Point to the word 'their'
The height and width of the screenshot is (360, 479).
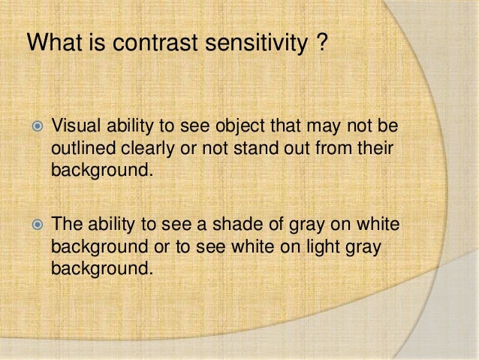375,145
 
